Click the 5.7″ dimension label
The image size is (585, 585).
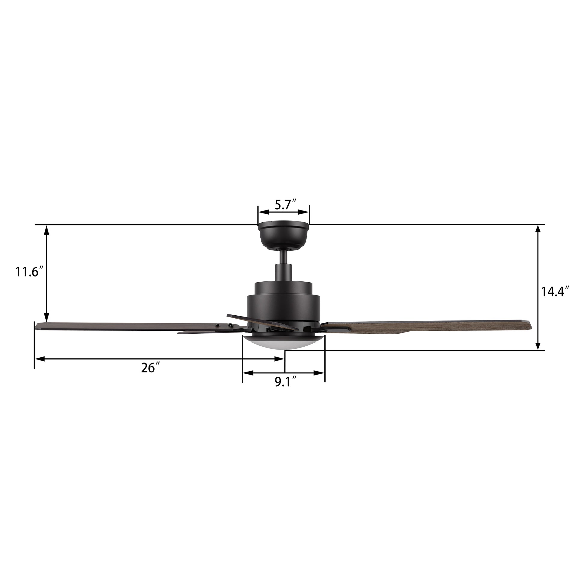285,205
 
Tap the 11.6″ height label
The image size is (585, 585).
27,272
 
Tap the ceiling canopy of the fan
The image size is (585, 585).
284,236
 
